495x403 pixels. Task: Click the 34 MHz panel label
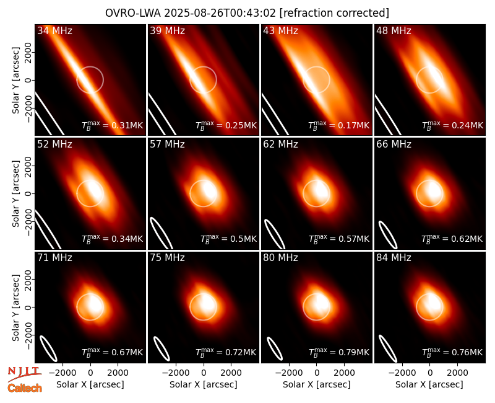pyautogui.click(x=54, y=30)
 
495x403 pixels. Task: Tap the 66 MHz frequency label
pyautogui.click(x=394, y=144)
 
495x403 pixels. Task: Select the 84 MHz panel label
pyautogui.click(x=394, y=258)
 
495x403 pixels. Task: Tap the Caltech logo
pyautogui.click(x=25, y=388)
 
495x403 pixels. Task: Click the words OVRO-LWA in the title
pyautogui.click(x=132, y=13)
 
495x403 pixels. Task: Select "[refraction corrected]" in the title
pyautogui.click(x=334, y=13)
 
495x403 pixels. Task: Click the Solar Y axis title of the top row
pyautogui.click(x=15, y=81)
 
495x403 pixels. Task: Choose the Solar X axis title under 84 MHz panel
pyautogui.click(x=429, y=384)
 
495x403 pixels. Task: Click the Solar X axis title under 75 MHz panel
pyautogui.click(x=204, y=384)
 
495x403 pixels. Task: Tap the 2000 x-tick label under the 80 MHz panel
pyautogui.click(x=344, y=373)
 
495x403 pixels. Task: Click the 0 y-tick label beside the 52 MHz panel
pyautogui.click(x=28, y=193)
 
